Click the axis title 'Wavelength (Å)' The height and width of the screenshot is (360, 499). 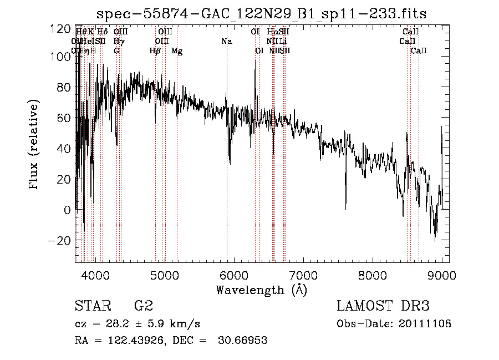[261, 290]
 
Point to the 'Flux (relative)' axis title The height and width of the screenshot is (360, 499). [34, 145]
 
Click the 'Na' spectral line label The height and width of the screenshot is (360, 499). [226, 42]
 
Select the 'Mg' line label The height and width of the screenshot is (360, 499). [177, 51]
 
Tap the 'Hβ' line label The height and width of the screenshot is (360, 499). [155, 51]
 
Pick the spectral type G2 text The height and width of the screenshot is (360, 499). [143, 306]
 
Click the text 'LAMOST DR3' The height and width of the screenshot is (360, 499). [383, 306]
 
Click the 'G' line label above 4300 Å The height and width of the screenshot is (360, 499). [116, 51]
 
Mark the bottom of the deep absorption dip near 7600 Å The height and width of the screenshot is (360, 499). [345, 209]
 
